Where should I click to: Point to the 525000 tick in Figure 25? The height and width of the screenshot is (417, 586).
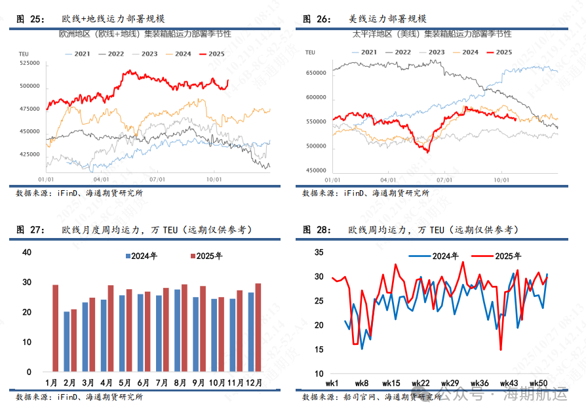30,63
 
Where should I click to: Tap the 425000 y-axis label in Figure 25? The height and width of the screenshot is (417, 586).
30,154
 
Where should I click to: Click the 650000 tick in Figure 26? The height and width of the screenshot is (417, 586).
316,73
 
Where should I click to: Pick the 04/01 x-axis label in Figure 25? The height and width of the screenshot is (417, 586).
102,178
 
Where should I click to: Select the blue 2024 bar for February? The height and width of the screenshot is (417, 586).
66,341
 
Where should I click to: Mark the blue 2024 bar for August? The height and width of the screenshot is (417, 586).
177,330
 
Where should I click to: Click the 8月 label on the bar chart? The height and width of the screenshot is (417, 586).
181,382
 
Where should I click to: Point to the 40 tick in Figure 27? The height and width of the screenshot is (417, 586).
27,252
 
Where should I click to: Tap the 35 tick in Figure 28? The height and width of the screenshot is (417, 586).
319,252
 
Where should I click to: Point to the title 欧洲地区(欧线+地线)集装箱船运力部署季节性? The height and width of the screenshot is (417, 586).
145,33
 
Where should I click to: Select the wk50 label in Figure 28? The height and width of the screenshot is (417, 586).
539,383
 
